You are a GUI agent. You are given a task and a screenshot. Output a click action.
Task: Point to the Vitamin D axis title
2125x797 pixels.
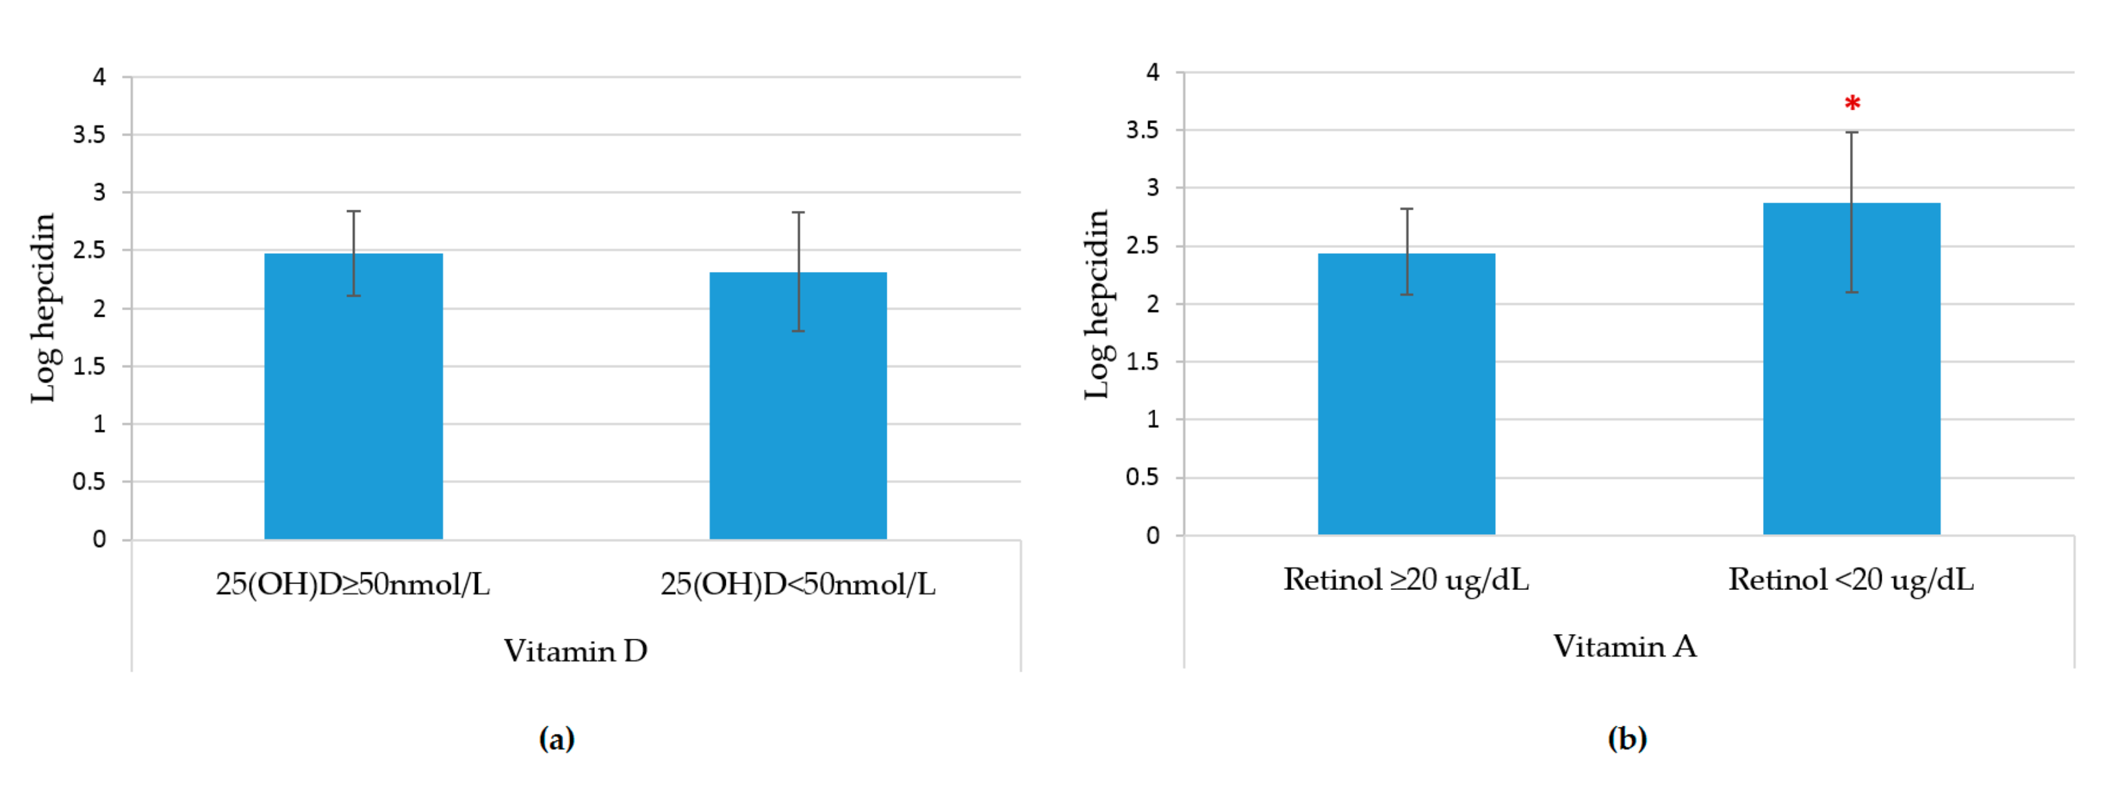[x=576, y=651]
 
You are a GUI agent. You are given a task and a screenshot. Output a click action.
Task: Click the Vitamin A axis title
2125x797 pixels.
[x=1625, y=646]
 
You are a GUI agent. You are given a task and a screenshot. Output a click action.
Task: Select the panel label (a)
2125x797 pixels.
[x=557, y=737]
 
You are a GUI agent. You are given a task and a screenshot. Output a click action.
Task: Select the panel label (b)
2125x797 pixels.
[x=1627, y=737]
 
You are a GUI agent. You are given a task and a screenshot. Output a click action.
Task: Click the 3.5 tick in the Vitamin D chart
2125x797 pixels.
[x=89, y=134]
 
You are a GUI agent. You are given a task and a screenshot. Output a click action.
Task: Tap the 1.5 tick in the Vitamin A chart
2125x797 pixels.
[x=1142, y=362]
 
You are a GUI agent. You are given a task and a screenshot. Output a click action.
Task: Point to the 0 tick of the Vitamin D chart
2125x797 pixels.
[x=99, y=539]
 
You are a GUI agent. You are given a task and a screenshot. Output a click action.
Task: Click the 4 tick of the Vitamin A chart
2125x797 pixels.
[x=1153, y=73]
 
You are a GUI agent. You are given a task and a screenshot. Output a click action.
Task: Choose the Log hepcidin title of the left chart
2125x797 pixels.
[x=43, y=308]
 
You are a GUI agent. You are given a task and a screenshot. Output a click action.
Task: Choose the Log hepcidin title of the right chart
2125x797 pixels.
[x=1096, y=304]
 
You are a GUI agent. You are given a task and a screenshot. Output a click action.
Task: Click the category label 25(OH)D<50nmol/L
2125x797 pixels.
[x=798, y=584]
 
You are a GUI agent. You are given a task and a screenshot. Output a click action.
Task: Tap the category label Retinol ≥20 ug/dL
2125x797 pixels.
[x=1406, y=579]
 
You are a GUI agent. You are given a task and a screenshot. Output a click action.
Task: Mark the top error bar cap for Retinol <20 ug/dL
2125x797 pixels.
[x=1852, y=132]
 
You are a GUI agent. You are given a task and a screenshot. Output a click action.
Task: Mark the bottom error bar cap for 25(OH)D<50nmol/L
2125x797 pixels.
[x=798, y=331]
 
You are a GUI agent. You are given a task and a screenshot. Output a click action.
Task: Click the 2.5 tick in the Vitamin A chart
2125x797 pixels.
[x=1142, y=246]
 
